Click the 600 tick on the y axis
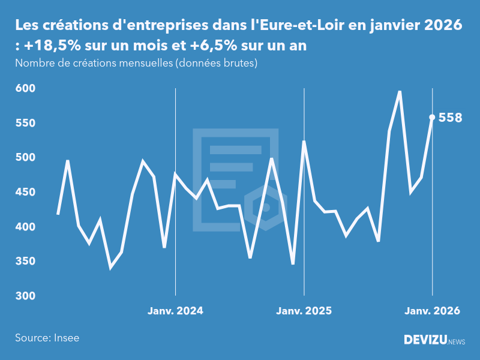tap(25, 88)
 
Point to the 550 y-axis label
tap(25, 123)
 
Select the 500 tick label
tap(25, 157)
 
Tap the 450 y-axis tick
tap(25, 192)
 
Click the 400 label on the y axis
tap(25, 227)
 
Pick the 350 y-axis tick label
tap(25, 262)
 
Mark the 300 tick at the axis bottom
tap(25, 296)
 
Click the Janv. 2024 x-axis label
tap(175, 311)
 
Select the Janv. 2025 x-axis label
tap(304, 311)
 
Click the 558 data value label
tap(450, 118)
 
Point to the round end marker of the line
tap(432, 118)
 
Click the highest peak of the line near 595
tap(400, 92)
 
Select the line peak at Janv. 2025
tap(304, 142)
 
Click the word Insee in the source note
tap(66, 338)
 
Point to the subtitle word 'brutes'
tap(241, 63)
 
